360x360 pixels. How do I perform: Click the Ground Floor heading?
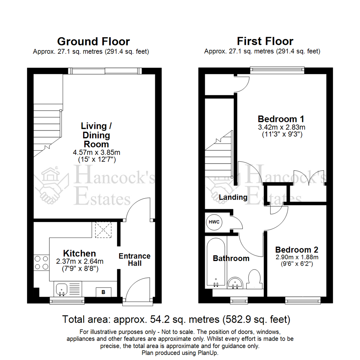(93, 41)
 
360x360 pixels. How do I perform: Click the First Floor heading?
(265, 41)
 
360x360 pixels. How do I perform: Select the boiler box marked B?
(103, 292)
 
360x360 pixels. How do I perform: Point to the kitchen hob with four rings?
(41, 262)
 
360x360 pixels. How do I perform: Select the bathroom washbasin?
(236, 284)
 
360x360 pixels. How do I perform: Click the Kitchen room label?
(79, 253)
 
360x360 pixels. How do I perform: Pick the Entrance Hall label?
(135, 260)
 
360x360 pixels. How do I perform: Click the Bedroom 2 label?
(296, 250)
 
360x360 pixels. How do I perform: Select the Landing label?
(233, 197)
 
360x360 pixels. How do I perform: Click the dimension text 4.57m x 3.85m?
(96, 152)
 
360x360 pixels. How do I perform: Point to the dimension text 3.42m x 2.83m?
(282, 127)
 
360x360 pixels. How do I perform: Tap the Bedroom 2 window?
(303, 301)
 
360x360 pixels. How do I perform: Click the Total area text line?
(177, 319)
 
